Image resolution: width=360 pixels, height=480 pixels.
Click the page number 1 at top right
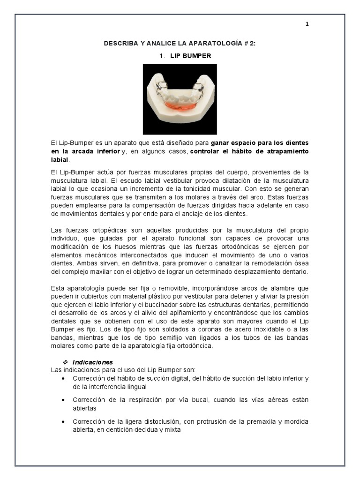coord(307,24)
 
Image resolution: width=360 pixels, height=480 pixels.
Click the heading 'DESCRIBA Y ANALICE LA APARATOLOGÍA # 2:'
coord(180,43)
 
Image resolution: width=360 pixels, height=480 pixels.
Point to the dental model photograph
coord(180,99)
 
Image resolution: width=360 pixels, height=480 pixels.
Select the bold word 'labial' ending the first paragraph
coord(60,159)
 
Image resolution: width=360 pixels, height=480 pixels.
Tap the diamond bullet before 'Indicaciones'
coord(66,362)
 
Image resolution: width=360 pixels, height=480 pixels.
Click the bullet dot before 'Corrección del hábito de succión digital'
coord(63,378)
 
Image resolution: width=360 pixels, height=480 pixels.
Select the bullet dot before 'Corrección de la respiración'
coord(63,400)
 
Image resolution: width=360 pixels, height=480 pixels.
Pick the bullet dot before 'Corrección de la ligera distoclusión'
coord(63,421)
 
